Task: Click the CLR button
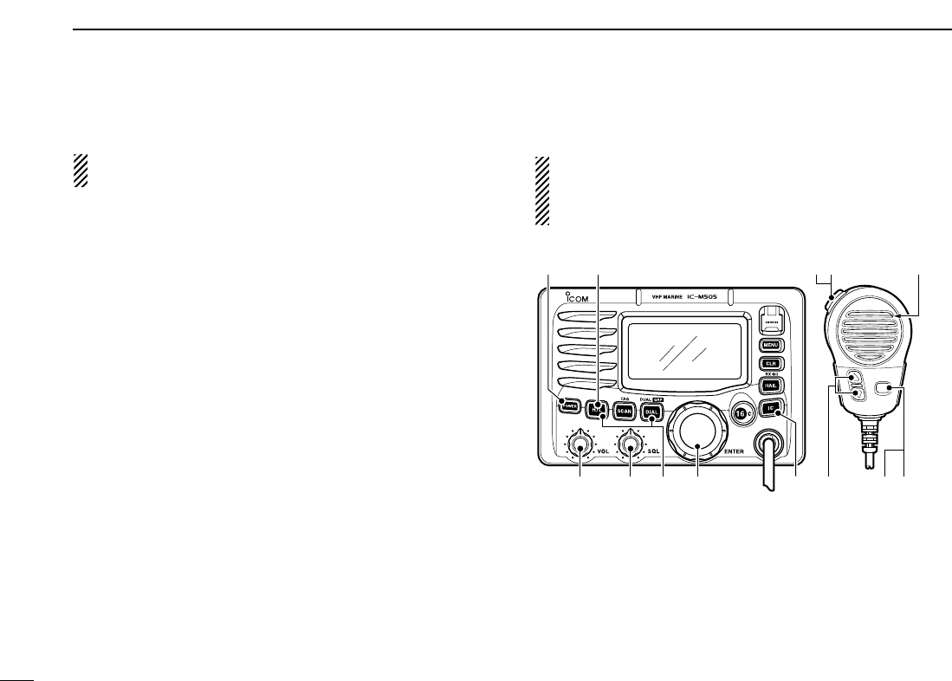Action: pos(771,365)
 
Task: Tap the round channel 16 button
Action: pos(742,412)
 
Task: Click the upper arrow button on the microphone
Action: pos(855,379)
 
